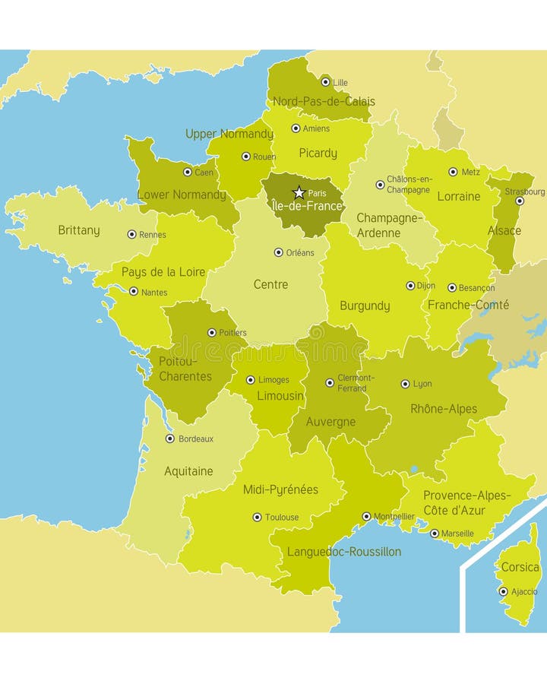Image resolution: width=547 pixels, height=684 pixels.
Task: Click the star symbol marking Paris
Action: click(x=299, y=193)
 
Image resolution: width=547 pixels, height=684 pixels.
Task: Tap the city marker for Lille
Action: click(x=325, y=82)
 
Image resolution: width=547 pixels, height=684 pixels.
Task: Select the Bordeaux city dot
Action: click(x=170, y=439)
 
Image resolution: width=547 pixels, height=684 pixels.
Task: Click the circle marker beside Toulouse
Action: click(x=257, y=517)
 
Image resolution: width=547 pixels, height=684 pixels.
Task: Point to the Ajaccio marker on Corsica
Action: click(x=503, y=591)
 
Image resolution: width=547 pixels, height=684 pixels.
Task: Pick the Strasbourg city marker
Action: click(x=520, y=201)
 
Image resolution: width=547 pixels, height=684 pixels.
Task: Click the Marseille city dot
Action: click(x=435, y=534)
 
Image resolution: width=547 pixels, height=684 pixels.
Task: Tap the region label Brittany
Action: click(x=79, y=230)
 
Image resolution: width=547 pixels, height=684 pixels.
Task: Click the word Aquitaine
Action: click(x=188, y=471)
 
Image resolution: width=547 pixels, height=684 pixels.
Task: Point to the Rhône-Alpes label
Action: click(x=444, y=409)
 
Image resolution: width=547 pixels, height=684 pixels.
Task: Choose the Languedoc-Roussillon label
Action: click(x=343, y=552)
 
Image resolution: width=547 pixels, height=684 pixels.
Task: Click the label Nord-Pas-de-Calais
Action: click(x=324, y=101)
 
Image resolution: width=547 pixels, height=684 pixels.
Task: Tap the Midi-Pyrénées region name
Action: click(x=280, y=489)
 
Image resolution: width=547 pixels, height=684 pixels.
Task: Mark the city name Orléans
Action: click(x=300, y=253)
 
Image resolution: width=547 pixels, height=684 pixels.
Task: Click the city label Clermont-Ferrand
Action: click(x=356, y=383)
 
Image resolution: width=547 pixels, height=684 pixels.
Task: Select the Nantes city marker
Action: click(x=134, y=291)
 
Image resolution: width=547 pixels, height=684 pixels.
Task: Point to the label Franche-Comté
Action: click(x=468, y=305)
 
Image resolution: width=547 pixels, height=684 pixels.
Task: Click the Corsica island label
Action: click(x=520, y=567)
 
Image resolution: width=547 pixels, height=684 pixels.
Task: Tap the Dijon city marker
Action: click(x=410, y=286)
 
